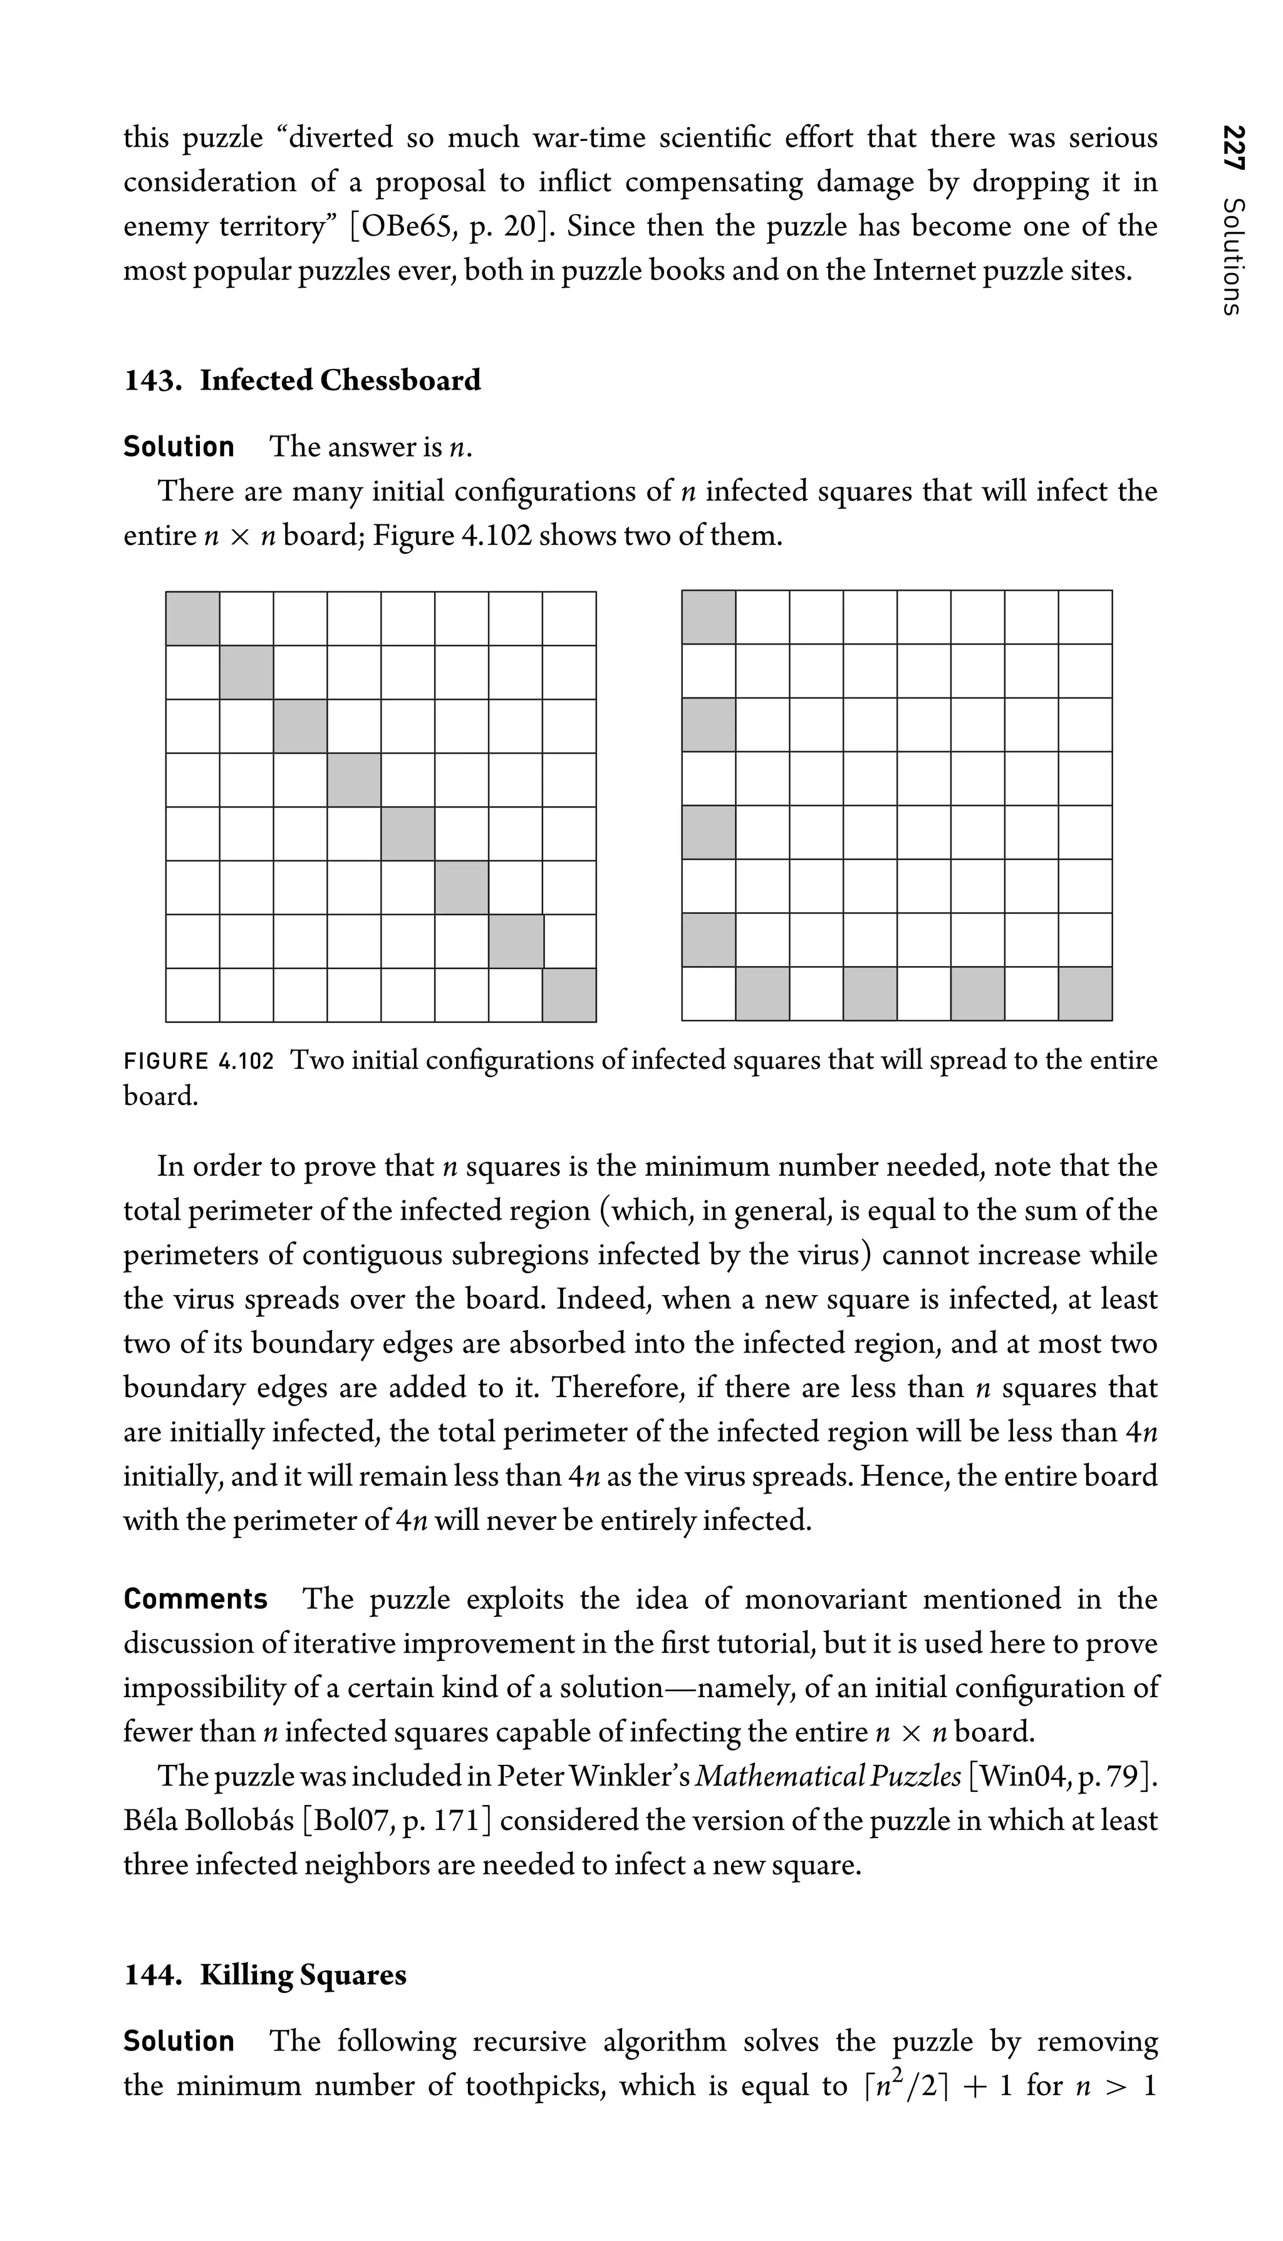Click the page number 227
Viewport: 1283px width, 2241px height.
pos(1233,153)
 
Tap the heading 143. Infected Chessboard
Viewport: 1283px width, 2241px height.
pos(302,381)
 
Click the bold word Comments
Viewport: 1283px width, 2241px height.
pos(195,1599)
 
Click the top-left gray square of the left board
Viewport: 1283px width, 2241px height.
pos(193,618)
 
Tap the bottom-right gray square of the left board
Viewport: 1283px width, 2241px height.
pos(569,995)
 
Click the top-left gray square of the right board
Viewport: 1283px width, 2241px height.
pos(709,618)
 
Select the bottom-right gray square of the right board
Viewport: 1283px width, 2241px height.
pos(1085,994)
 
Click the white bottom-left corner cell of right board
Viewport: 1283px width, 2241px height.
pos(709,994)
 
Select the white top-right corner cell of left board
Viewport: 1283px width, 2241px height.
pos(569,618)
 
